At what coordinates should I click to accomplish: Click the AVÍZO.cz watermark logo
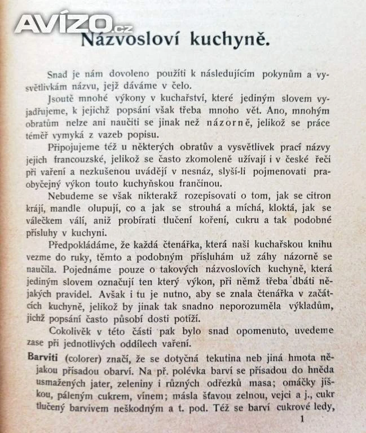pos(73,23)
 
